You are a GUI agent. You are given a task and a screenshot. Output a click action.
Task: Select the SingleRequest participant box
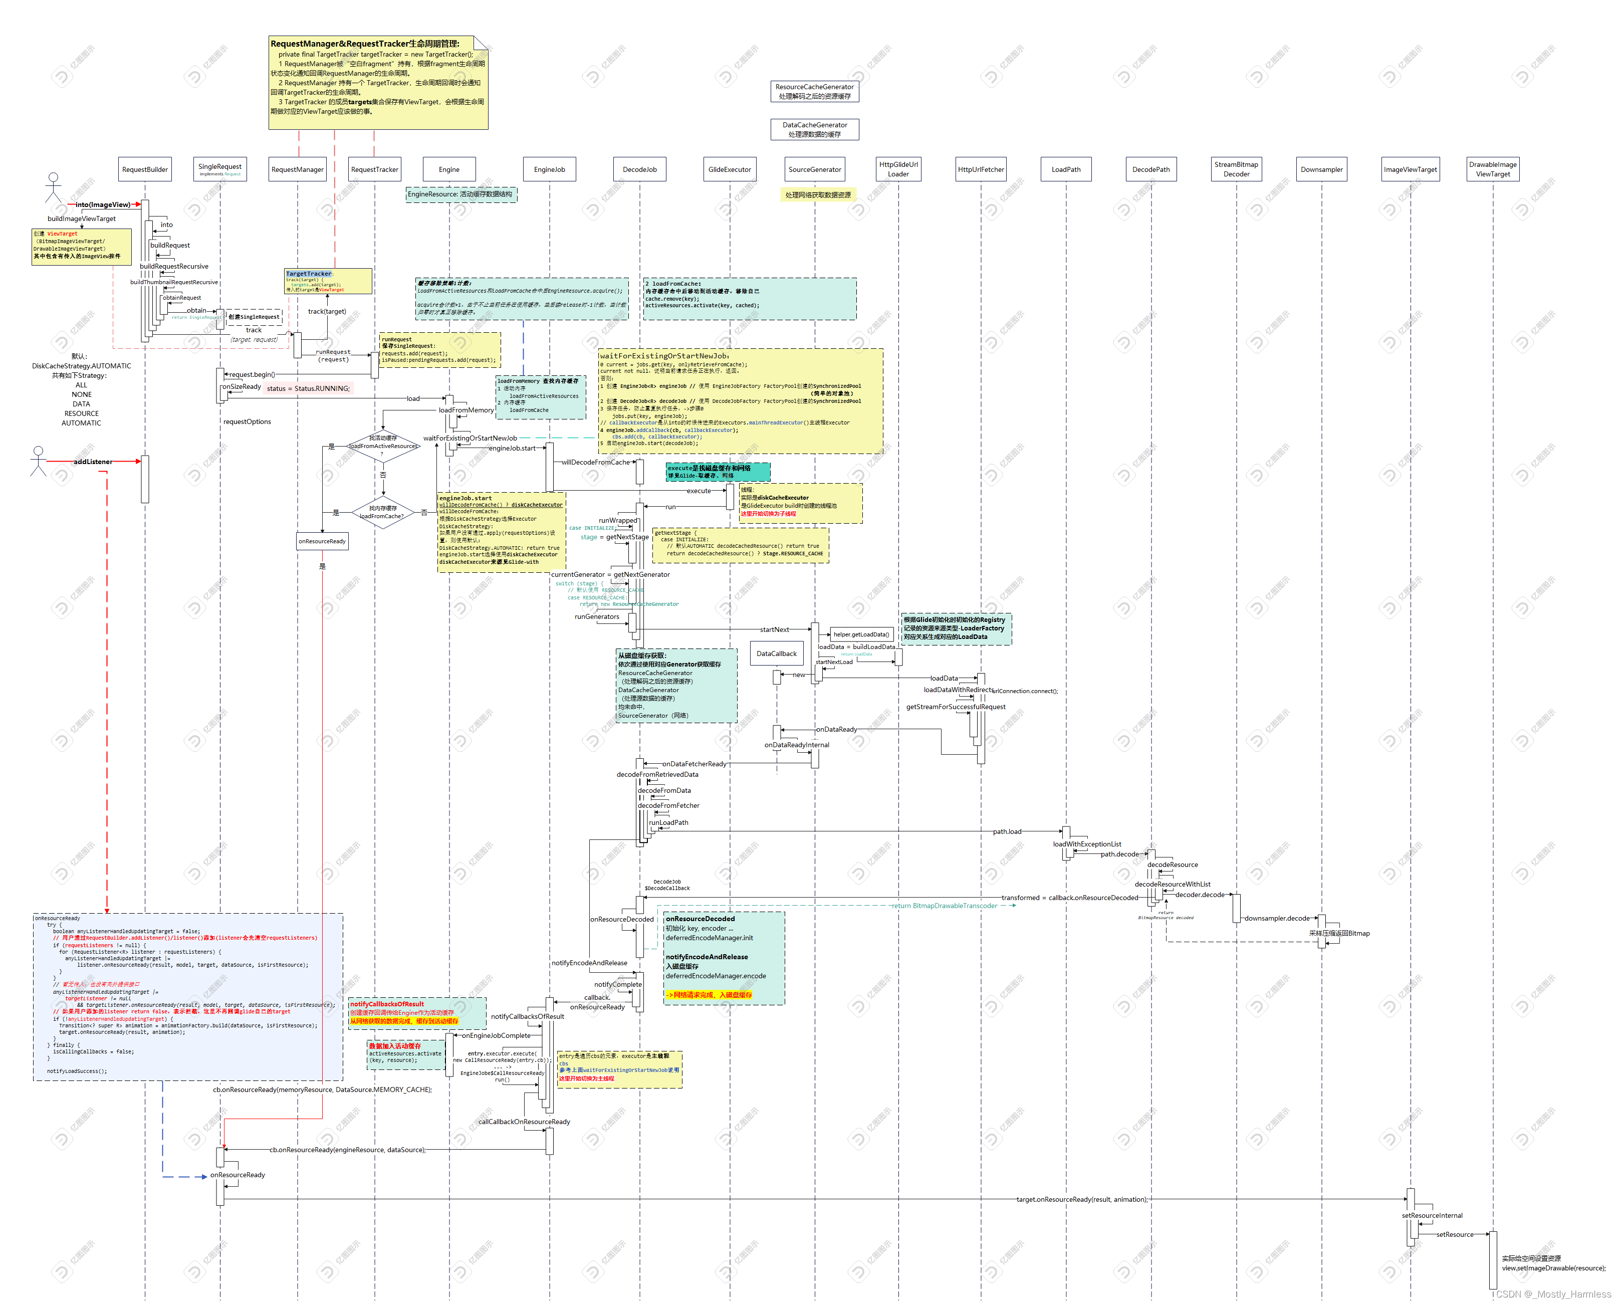pos(220,169)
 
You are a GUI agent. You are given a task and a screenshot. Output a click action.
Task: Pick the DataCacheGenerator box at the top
pos(815,130)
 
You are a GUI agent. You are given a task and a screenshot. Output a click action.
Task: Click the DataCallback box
pos(777,654)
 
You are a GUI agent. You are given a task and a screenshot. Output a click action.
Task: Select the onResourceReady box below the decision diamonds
pos(322,541)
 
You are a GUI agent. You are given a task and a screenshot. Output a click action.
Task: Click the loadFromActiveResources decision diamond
pos(383,446)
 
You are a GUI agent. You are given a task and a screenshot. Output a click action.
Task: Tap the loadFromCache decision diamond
pos(382,512)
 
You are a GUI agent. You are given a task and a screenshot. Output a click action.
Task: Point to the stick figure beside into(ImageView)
pos(53,188)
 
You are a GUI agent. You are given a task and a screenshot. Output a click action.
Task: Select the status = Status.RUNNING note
pos(308,388)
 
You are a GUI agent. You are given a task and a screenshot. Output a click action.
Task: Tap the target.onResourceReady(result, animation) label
pos(1082,1200)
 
